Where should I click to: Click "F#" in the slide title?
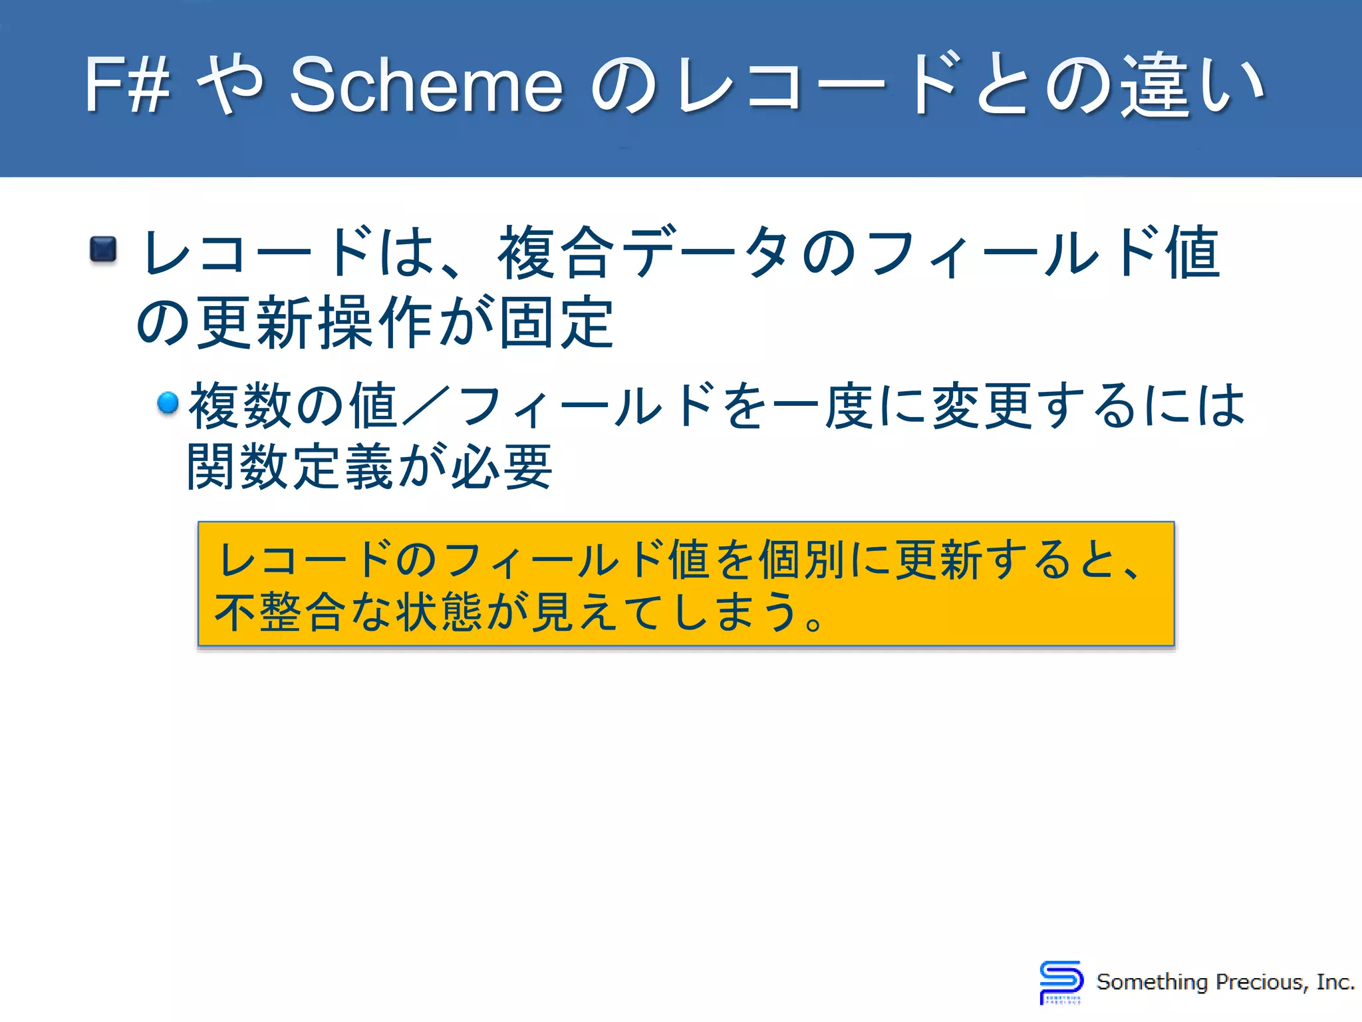point(126,85)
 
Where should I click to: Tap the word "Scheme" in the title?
point(426,85)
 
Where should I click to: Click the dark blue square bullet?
point(103,250)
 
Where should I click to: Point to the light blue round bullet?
point(168,403)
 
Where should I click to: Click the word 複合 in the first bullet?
point(556,253)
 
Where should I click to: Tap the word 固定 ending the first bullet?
point(556,323)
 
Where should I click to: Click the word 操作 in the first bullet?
point(376,323)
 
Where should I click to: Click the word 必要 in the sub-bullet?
point(501,467)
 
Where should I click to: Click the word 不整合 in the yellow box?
point(280,612)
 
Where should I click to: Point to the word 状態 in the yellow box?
point(439,612)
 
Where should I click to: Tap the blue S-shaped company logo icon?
point(1061,981)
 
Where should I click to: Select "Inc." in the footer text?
point(1335,982)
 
